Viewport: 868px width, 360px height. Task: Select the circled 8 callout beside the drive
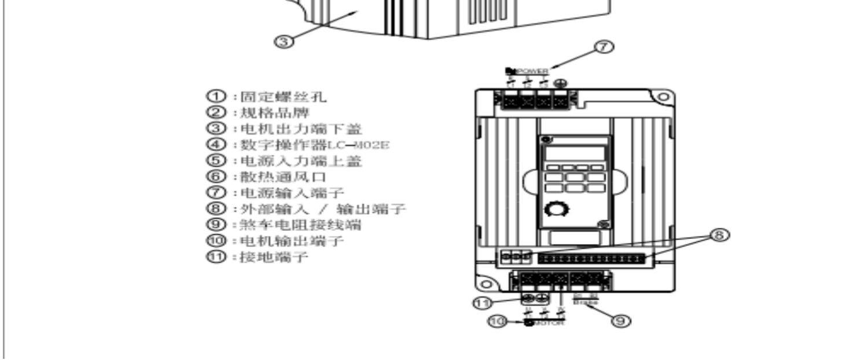(x=719, y=235)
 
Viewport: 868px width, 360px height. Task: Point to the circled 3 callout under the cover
(x=283, y=42)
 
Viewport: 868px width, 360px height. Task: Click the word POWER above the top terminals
(x=532, y=71)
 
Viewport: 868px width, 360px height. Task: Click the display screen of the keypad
(x=572, y=153)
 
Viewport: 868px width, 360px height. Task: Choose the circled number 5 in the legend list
(x=215, y=161)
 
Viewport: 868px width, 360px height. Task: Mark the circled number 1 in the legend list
(x=215, y=97)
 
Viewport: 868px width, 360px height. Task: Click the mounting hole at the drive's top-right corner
(x=664, y=98)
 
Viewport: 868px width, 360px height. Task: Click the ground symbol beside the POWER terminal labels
(x=560, y=84)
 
